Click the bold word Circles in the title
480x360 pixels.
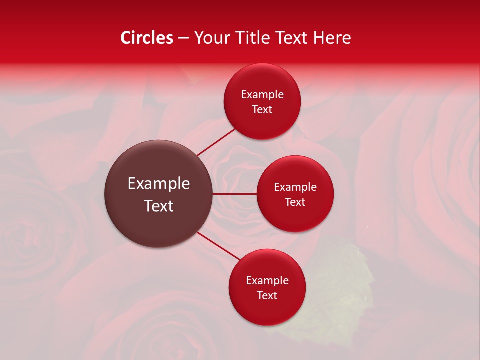tap(147, 38)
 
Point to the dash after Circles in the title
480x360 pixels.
tap(183, 38)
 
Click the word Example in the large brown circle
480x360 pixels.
tap(159, 184)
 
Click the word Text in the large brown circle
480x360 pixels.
tap(159, 206)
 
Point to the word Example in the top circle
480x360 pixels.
tap(262, 95)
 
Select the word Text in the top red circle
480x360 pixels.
tap(262, 110)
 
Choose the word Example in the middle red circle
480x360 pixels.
tap(295, 187)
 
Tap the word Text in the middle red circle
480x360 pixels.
tap(295, 202)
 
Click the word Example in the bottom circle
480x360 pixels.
tap(267, 281)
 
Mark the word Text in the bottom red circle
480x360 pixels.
tap(267, 296)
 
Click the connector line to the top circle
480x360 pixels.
tap(216, 142)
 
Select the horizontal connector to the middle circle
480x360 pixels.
tap(235, 194)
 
